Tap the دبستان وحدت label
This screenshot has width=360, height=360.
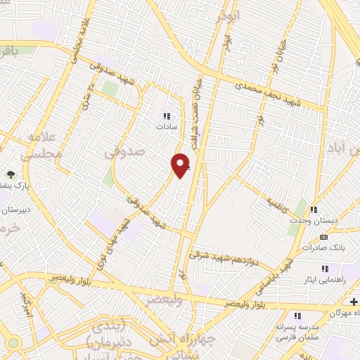click(314, 221)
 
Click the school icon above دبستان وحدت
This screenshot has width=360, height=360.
click(314, 210)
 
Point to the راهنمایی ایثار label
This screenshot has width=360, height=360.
click(330, 279)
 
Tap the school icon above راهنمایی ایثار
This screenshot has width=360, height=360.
click(325, 268)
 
